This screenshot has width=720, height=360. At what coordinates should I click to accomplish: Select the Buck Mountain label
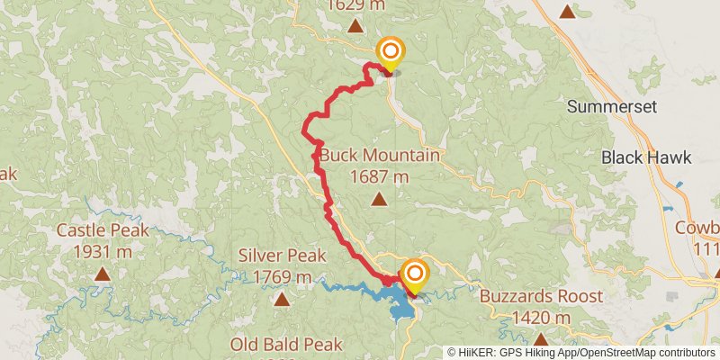pos(378,156)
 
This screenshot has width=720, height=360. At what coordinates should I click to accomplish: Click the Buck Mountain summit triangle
pos(379,200)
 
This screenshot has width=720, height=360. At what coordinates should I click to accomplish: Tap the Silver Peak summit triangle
pos(282,298)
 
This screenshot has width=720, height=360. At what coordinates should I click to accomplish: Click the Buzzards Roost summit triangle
pos(540,339)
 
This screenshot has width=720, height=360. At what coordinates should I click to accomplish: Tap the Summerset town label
pos(612,106)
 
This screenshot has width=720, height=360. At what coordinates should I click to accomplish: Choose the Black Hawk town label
pos(646,157)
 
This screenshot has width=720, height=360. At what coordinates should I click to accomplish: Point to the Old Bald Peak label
pos(286,345)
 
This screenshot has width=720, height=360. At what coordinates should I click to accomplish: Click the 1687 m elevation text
pos(379,175)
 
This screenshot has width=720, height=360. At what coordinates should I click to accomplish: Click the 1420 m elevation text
pos(538,318)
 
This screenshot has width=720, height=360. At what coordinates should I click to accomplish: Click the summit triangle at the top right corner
pos(567,11)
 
